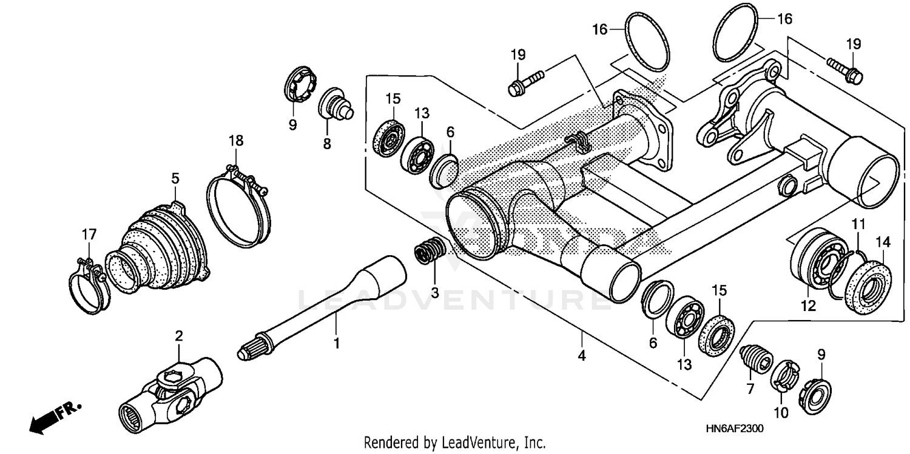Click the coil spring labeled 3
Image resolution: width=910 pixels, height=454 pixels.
click(x=431, y=251)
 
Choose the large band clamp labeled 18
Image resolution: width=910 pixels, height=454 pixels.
click(x=238, y=206)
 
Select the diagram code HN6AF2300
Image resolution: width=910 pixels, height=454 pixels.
click(x=735, y=429)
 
